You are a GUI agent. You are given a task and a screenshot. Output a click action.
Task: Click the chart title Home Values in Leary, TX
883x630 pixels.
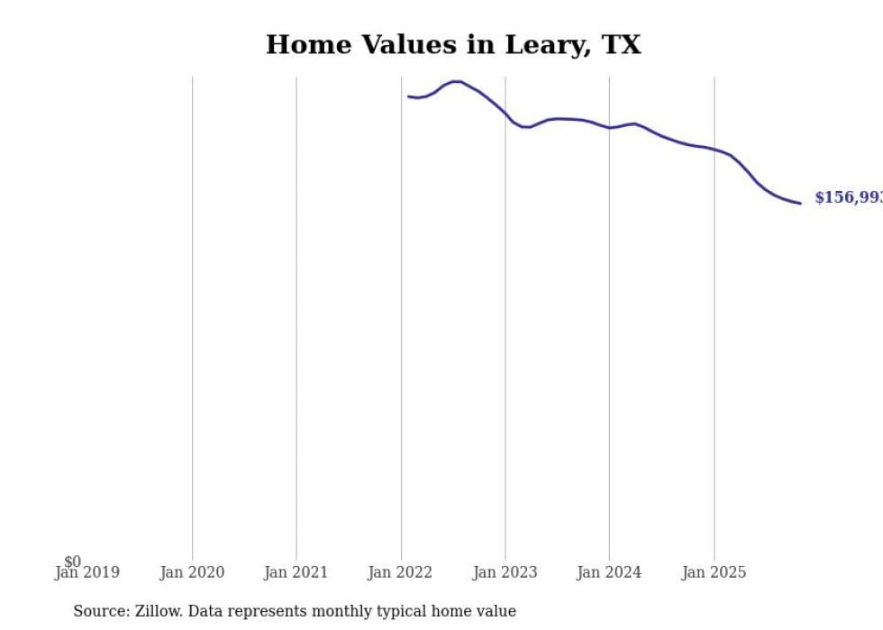[x=453, y=45]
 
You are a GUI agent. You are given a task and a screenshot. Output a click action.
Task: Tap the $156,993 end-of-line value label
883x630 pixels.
[x=847, y=198]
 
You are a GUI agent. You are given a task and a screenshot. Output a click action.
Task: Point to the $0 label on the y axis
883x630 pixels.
[x=72, y=562]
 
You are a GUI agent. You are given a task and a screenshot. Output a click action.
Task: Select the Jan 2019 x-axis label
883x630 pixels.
[x=86, y=572]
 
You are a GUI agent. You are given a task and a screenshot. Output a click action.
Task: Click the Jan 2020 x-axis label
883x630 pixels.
[x=192, y=572]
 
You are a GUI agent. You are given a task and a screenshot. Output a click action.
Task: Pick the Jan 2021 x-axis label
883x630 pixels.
[x=296, y=572]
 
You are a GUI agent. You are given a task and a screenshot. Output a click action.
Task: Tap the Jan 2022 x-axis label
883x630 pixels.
[x=401, y=572]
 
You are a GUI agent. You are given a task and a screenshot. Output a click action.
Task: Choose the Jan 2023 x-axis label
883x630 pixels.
[x=505, y=572]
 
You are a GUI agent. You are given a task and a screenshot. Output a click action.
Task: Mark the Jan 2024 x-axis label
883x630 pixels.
[x=609, y=572]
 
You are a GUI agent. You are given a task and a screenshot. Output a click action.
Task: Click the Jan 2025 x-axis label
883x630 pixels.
[x=714, y=572]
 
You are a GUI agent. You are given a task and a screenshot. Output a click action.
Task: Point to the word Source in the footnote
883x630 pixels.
[x=100, y=611]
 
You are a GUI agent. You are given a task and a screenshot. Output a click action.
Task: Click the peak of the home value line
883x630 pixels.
[x=457, y=82]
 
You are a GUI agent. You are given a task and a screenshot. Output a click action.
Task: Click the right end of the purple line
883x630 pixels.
[x=800, y=203]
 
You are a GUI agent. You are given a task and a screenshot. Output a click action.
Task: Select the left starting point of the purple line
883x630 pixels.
[x=408, y=96]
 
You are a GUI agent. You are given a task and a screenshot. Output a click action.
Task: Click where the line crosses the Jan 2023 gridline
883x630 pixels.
[x=505, y=114]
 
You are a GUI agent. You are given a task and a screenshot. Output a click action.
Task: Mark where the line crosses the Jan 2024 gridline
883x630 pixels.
[x=609, y=128]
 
